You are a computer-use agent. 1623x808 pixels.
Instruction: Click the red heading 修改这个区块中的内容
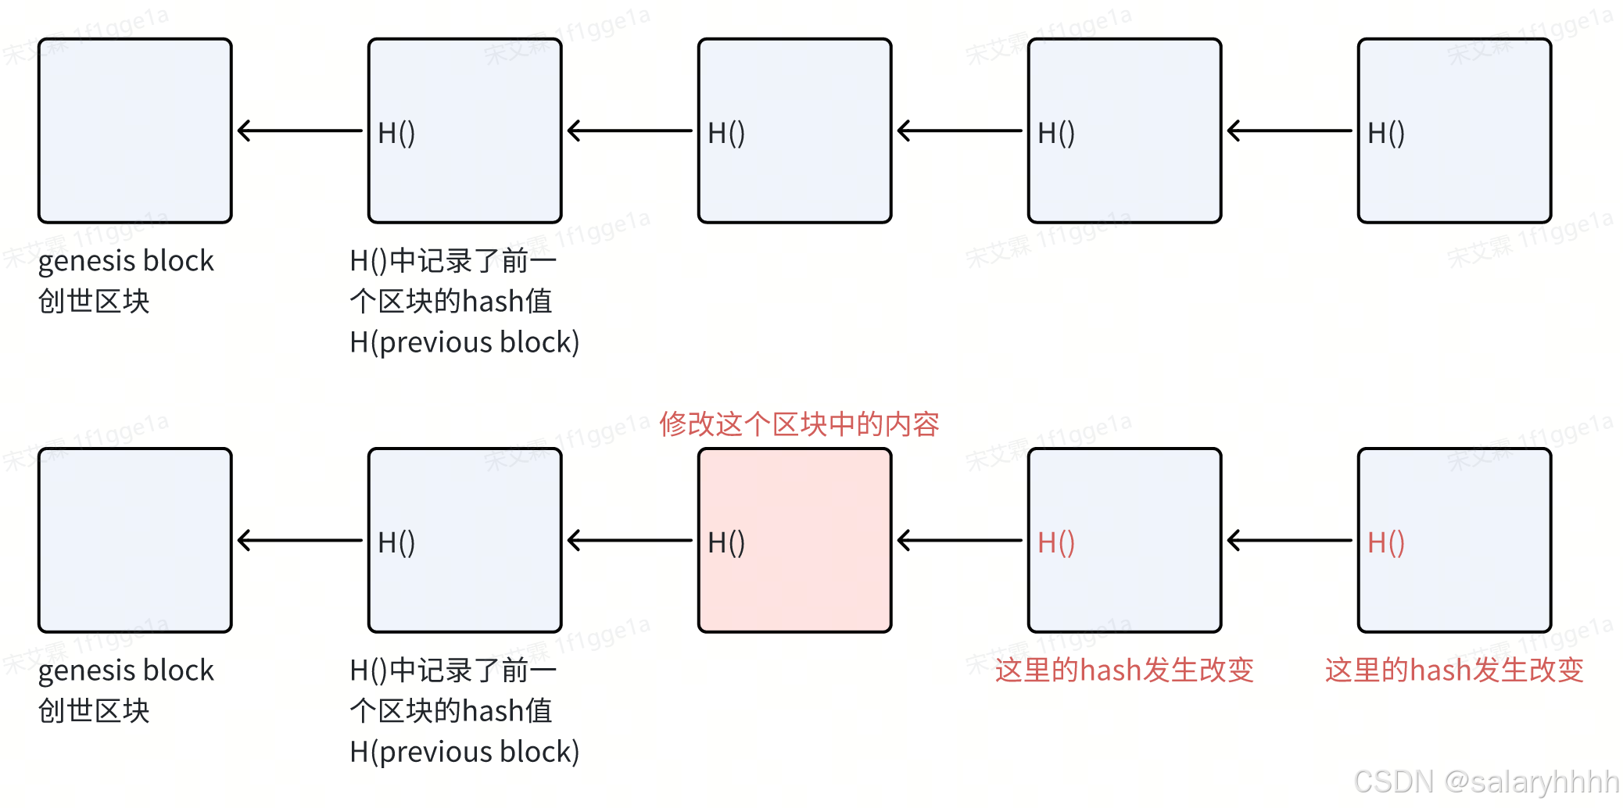point(798,424)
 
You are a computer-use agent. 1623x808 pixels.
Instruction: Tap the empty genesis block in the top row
point(135,130)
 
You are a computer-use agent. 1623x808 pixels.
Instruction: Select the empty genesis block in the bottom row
point(135,540)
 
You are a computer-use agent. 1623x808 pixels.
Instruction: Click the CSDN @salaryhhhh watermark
point(1485,781)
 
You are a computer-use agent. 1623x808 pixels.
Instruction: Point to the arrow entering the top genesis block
point(299,130)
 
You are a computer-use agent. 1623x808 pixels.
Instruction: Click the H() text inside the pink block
point(726,542)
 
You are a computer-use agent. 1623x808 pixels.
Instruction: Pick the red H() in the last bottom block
point(1385,542)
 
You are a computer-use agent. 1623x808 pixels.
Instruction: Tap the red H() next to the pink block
point(1055,542)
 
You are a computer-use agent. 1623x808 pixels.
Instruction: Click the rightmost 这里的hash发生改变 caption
point(1454,670)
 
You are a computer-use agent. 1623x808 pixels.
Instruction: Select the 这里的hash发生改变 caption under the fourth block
point(1124,670)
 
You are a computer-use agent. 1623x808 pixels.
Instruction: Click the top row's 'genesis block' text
point(126,261)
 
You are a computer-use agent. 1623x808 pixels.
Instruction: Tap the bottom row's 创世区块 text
point(94,711)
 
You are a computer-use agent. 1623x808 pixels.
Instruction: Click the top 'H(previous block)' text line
point(464,342)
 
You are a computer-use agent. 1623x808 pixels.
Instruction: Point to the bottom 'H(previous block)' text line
point(464,752)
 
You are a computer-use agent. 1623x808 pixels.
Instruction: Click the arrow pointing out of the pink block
point(629,540)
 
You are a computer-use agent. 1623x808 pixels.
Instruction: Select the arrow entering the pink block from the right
point(959,540)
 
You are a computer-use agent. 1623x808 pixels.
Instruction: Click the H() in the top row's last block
point(1385,133)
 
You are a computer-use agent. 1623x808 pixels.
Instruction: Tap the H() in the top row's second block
point(396,133)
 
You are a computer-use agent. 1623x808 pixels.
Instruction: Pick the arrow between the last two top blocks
point(1289,130)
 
